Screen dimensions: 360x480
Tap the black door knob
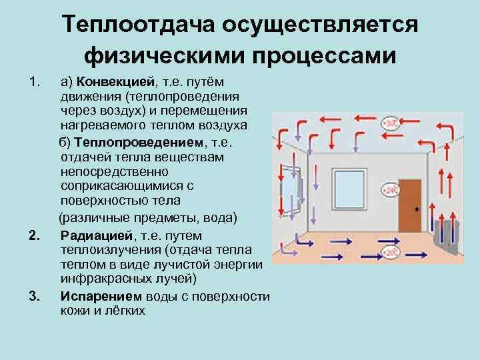[x=417, y=209]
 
